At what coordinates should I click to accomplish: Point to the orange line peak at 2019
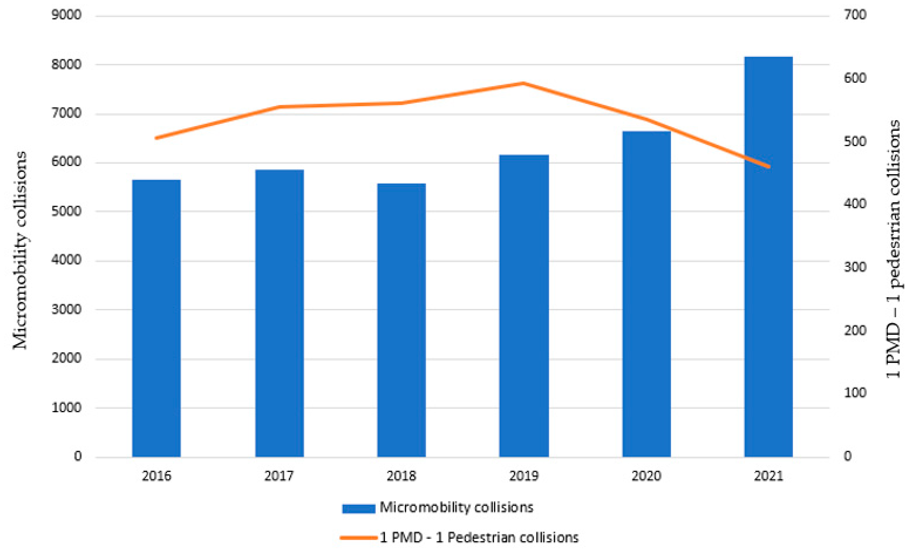click(x=523, y=83)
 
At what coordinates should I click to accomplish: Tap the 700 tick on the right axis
click(x=855, y=15)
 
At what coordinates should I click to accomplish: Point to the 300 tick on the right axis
click(x=855, y=267)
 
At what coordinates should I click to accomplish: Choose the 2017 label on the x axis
click(x=279, y=476)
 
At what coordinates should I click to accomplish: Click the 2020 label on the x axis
click(x=646, y=476)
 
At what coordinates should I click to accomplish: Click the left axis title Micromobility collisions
click(x=20, y=250)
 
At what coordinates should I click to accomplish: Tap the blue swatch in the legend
click(x=358, y=508)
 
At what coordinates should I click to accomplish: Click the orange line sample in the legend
click(x=358, y=537)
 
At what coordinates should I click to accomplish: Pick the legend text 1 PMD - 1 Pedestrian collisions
click(x=479, y=537)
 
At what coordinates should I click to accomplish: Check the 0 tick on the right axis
click(x=847, y=456)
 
